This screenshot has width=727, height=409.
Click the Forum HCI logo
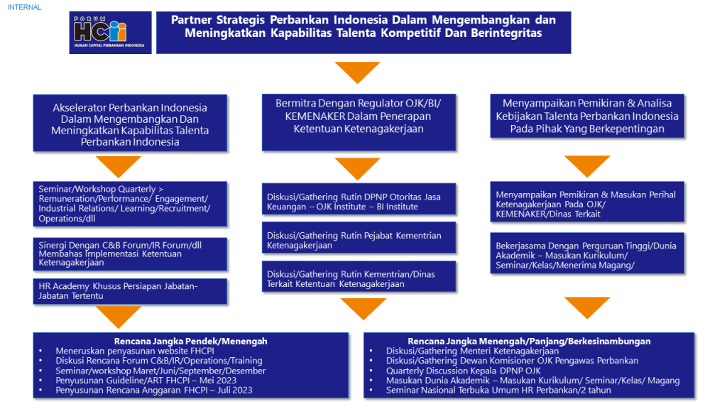[110, 33]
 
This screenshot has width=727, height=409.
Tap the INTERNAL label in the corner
[24, 7]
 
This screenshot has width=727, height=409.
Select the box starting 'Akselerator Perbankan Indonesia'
[130, 124]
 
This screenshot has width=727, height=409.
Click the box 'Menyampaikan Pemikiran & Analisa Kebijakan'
[586, 116]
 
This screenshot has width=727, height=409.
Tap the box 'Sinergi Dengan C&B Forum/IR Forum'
[130, 253]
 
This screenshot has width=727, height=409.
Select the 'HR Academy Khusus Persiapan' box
[130, 291]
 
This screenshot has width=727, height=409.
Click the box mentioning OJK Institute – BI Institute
[359, 202]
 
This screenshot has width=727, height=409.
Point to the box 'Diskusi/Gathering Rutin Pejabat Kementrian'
[359, 240]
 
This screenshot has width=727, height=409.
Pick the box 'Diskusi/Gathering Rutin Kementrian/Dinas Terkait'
[359, 278]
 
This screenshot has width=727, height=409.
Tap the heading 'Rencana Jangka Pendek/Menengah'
[190, 342]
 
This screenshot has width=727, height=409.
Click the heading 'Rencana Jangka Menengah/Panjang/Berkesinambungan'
[529, 342]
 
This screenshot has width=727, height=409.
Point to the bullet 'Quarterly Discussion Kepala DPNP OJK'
[463, 371]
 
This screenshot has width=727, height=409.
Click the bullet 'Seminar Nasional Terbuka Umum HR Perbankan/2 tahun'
[498, 390]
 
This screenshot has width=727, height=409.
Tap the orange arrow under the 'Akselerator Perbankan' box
[118, 166]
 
